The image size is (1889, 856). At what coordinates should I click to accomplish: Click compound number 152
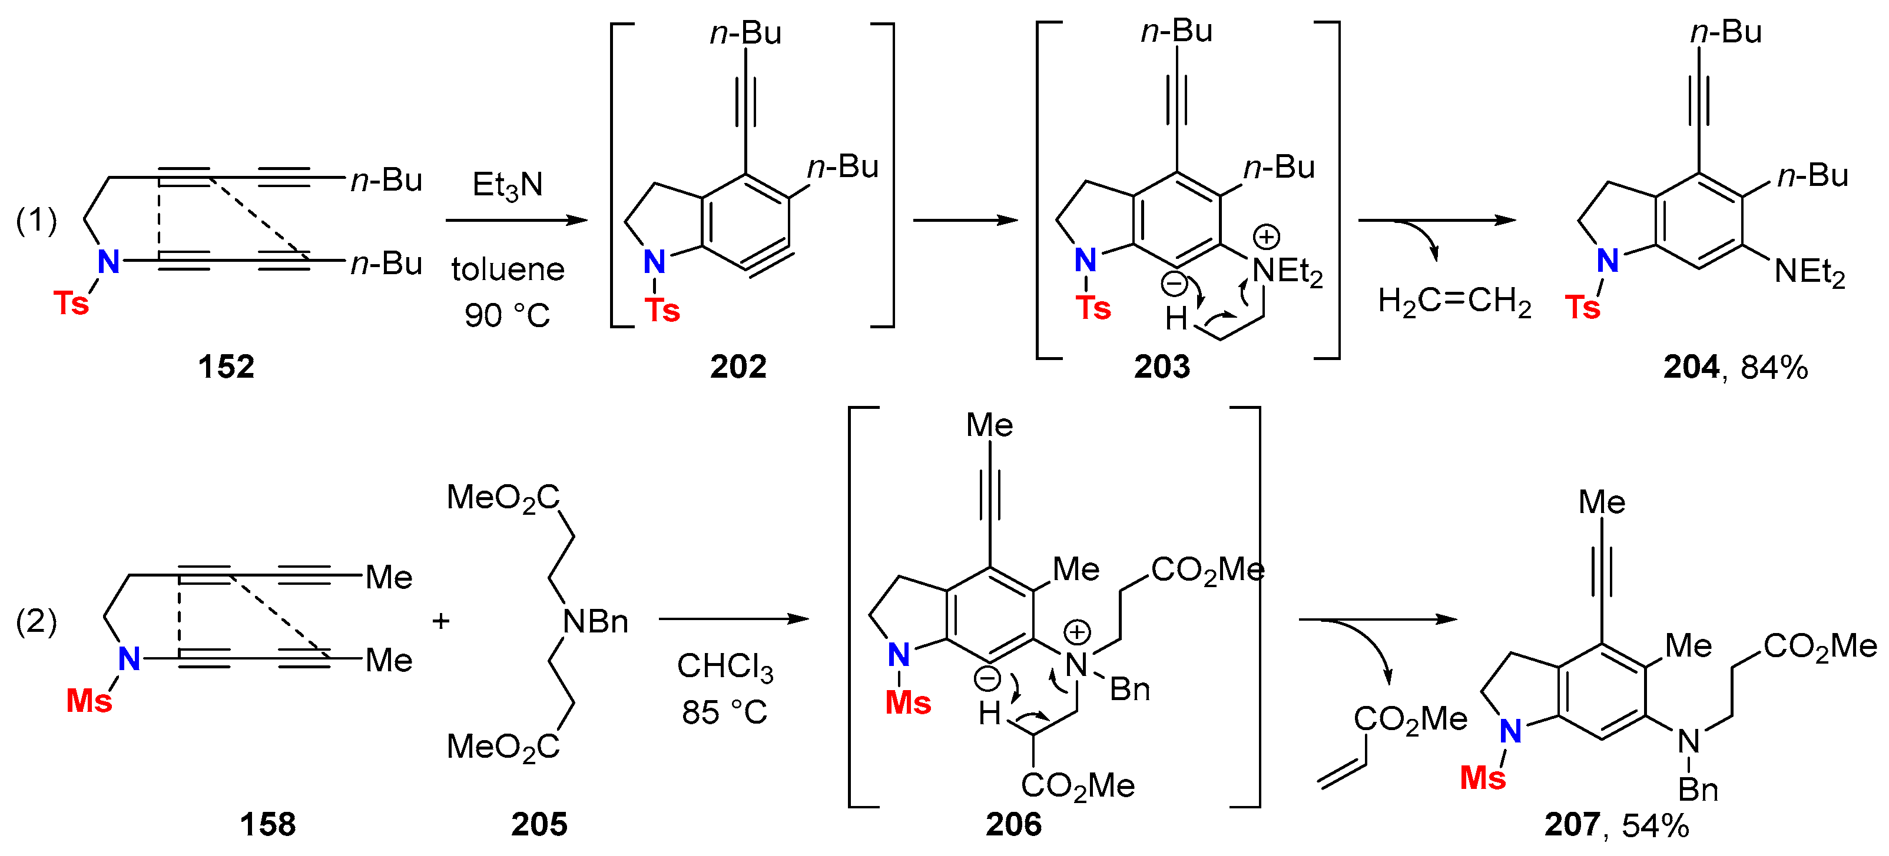(x=226, y=367)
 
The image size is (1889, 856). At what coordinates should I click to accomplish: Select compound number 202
(x=738, y=367)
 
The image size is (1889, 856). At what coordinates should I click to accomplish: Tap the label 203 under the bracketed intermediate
(x=1162, y=367)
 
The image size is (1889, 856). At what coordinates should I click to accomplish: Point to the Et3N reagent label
(x=507, y=185)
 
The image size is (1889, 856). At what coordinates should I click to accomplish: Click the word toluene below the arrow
(x=508, y=269)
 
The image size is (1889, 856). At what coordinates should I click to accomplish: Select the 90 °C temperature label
(x=507, y=316)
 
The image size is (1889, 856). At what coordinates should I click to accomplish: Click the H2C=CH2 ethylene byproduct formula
(x=1454, y=301)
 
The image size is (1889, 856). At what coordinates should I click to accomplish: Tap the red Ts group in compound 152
(x=71, y=302)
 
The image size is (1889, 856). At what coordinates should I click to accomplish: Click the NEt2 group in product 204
(x=1808, y=272)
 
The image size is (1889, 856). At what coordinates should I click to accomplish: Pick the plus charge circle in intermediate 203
(x=1267, y=237)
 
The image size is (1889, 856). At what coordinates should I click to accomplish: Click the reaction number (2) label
(x=36, y=621)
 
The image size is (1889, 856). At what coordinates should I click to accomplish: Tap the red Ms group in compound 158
(x=89, y=701)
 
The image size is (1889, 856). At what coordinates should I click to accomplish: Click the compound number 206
(x=1013, y=824)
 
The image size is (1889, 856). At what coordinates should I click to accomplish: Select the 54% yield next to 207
(x=1655, y=826)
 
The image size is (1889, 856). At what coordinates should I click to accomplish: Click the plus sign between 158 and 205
(x=440, y=621)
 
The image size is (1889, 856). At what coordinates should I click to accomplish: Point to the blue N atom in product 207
(x=1510, y=731)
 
